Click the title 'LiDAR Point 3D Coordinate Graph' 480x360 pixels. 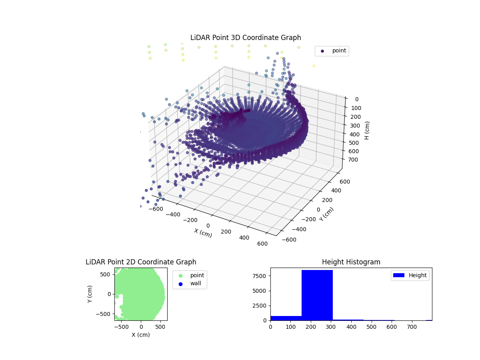coord(246,38)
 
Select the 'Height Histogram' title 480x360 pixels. coord(351,262)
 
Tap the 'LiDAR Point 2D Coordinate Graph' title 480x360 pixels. coord(141,262)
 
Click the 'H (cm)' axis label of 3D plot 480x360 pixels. coord(367,130)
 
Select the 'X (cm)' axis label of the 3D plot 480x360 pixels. coord(203,233)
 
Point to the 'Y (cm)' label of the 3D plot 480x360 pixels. coord(326,214)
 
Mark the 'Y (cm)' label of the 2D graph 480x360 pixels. coord(90,294)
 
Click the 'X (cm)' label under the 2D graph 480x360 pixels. coord(141,335)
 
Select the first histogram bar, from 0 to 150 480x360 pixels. coord(286,318)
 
